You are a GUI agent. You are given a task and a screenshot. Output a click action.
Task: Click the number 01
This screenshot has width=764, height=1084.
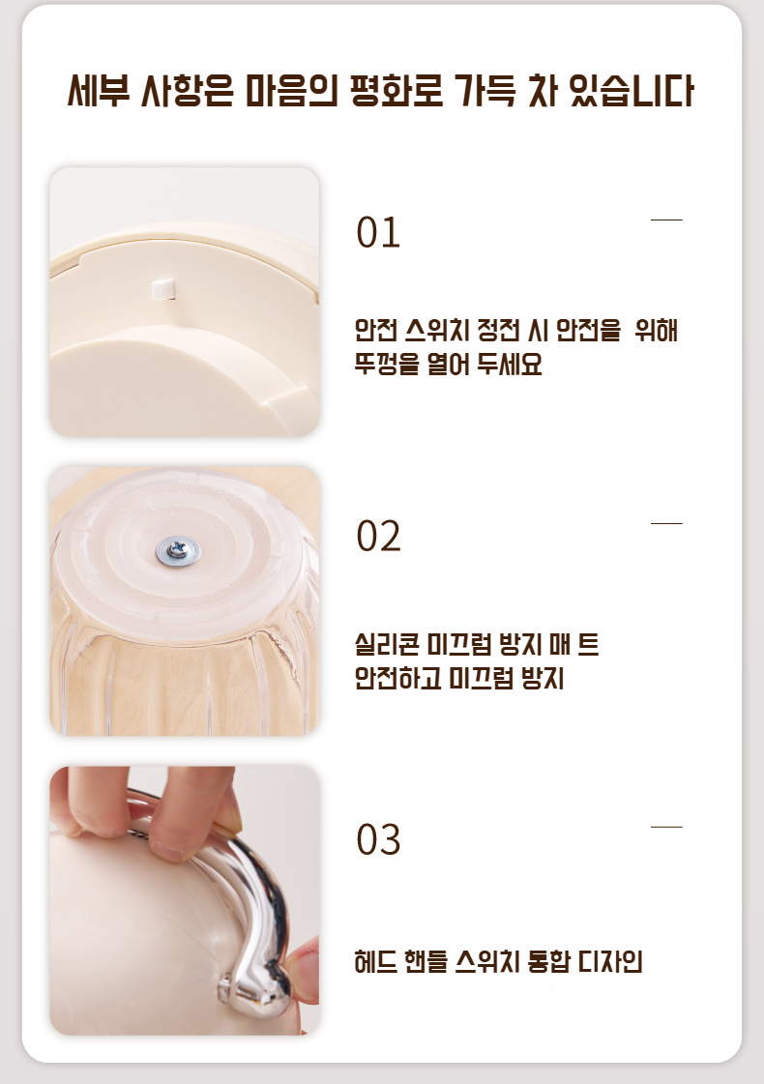tap(378, 233)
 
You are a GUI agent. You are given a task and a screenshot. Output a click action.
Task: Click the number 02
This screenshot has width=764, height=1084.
tap(378, 537)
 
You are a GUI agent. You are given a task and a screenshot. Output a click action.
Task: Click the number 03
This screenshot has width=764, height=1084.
tap(378, 840)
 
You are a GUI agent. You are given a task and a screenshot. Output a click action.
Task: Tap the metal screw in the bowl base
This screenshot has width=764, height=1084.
tap(180, 550)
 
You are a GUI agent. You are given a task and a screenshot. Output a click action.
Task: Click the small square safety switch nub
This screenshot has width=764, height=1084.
tap(161, 285)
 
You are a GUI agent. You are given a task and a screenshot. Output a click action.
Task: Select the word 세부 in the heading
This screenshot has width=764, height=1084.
tap(98, 92)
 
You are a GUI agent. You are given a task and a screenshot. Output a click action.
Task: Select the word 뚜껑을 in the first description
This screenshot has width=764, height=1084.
tap(387, 366)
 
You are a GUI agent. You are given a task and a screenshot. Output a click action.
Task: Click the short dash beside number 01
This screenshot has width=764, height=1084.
tap(666, 220)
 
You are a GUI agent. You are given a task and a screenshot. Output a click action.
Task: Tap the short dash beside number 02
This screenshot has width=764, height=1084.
tap(666, 523)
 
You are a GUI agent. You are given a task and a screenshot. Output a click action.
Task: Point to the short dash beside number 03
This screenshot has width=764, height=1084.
tap(666, 827)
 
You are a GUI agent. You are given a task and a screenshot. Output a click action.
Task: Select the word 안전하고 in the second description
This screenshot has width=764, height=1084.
tap(398, 679)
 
